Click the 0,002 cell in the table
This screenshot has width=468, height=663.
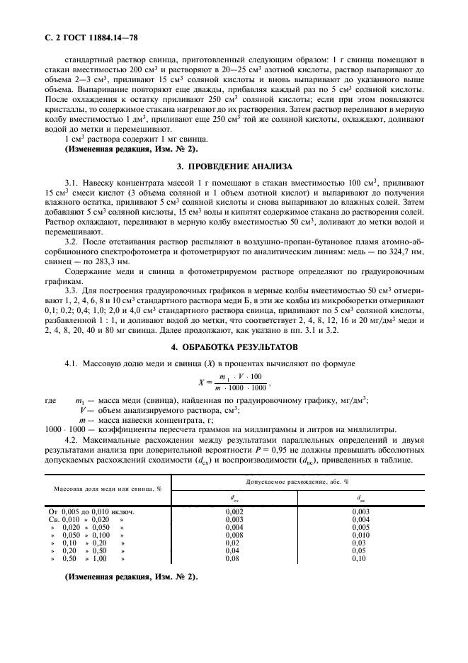coord(234,511)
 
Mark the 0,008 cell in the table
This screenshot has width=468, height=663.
coord(234,535)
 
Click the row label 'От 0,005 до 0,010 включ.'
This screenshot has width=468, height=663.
coord(90,511)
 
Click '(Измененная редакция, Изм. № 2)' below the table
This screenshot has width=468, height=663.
coord(131,576)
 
